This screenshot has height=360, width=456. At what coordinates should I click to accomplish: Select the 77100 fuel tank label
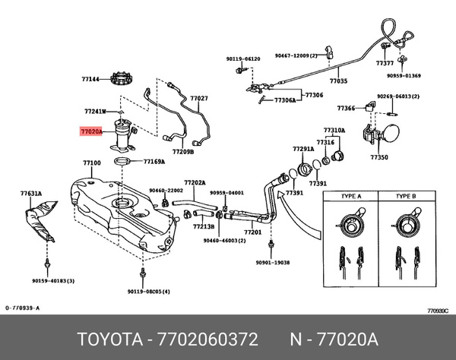[x=91, y=163]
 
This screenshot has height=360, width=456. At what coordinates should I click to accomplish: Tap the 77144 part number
[x=90, y=78]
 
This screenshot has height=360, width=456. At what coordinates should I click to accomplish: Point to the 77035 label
[x=337, y=81]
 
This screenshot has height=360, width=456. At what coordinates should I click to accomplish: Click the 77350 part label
[x=379, y=157]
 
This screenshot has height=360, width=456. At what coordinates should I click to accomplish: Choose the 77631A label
[x=31, y=194]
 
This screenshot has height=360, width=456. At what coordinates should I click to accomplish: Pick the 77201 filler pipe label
[x=252, y=232]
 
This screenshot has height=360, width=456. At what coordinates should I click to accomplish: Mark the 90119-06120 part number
[x=242, y=58]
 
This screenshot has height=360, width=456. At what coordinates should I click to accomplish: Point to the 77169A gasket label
[x=154, y=162]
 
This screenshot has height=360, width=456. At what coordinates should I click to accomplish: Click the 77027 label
[x=199, y=99]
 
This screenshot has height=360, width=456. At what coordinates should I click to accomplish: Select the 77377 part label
[x=385, y=65]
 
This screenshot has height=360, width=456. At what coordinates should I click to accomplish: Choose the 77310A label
[x=334, y=130]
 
